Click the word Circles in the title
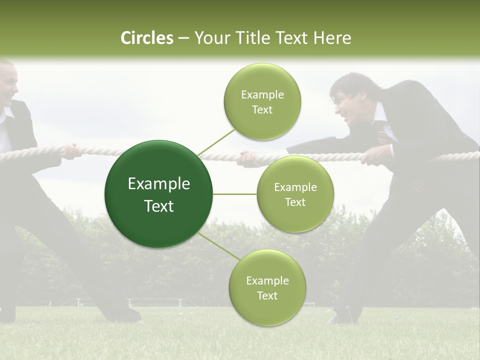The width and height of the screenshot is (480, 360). pyautogui.click(x=146, y=38)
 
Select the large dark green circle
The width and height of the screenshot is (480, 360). pyautogui.click(x=158, y=194)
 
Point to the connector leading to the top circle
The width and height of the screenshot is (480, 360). pyautogui.click(x=216, y=142)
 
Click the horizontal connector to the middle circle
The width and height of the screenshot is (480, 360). pyautogui.click(x=234, y=194)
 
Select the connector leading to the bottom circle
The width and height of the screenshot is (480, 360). pyautogui.click(x=218, y=246)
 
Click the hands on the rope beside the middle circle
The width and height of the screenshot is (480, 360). pyautogui.click(x=248, y=158)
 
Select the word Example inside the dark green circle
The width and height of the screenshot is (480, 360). pyautogui.click(x=158, y=184)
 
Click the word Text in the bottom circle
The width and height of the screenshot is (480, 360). pyautogui.click(x=267, y=296)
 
